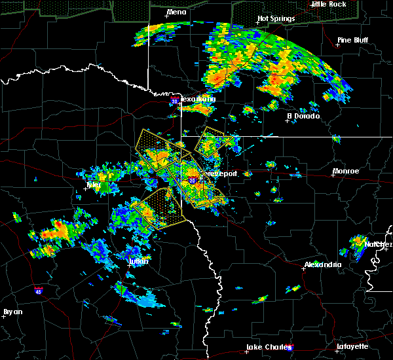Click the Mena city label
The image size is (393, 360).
(176, 12)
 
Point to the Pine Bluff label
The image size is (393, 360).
(352, 40)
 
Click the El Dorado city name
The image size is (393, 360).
(303, 116)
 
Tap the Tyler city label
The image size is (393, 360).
(95, 185)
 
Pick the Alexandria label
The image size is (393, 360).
(322, 264)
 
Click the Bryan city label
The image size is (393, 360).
(12, 312)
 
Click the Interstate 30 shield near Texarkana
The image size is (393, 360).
(174, 101)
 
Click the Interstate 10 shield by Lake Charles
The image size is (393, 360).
(290, 348)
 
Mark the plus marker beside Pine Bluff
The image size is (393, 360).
(339, 45)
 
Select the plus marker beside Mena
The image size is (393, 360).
(167, 17)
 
